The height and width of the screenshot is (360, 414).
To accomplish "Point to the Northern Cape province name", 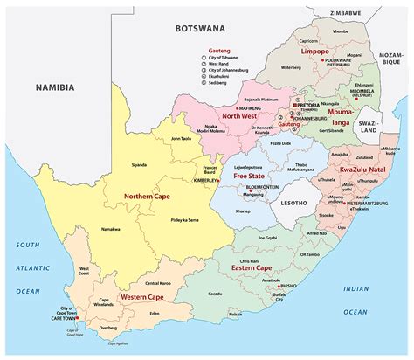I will pos(146,197).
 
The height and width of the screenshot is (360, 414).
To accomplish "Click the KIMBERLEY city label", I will pos(206,180).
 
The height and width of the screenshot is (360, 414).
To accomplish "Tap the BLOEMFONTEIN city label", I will pos(261,187).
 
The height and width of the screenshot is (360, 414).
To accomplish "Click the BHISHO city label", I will pos(291,308).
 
